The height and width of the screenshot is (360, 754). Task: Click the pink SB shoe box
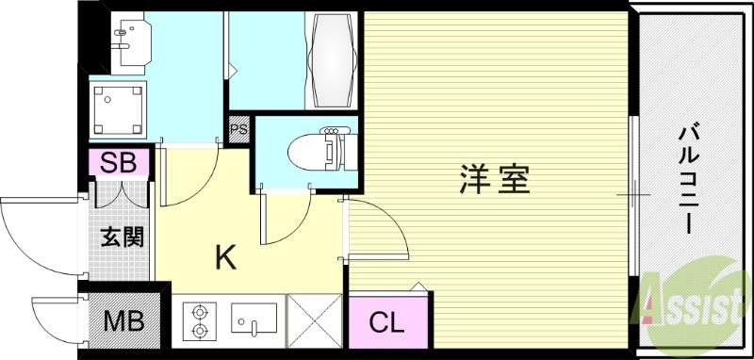(x=120, y=162)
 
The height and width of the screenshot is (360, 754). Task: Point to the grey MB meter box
(x=123, y=321)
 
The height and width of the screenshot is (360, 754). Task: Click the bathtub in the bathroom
(x=334, y=61)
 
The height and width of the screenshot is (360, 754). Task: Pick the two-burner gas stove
(x=200, y=320)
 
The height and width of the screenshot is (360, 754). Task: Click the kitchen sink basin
(x=252, y=320)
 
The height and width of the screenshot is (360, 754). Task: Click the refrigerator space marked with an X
(x=315, y=320)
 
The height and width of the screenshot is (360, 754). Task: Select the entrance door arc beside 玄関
(x=38, y=236)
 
